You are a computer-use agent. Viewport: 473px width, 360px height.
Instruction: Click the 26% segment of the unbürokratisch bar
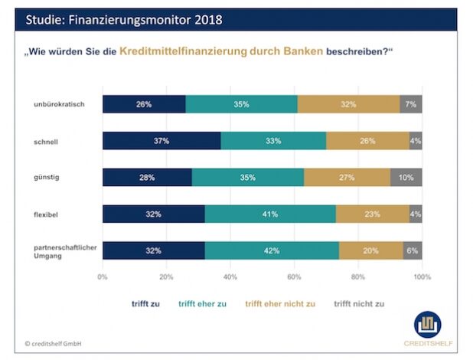pyautogui.click(x=144, y=104)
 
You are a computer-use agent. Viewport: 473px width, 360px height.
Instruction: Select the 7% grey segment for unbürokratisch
pyautogui.click(x=411, y=104)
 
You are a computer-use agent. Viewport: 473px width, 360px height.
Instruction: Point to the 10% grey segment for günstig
pyautogui.click(x=406, y=178)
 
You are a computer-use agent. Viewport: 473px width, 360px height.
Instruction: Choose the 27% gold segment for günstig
pyautogui.click(x=347, y=178)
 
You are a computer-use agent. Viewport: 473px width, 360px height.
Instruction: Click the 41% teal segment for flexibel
pyautogui.click(x=270, y=214)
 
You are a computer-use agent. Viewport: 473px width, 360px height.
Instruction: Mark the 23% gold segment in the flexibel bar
pyautogui.click(x=373, y=214)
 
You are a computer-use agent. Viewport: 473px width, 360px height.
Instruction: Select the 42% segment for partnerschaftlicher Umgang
pyautogui.click(x=272, y=250)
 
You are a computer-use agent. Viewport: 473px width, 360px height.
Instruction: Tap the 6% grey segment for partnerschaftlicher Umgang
pyautogui.click(x=413, y=250)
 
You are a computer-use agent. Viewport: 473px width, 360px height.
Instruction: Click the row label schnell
pyautogui.click(x=48, y=141)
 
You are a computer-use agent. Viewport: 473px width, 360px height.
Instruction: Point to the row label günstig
pyautogui.click(x=48, y=178)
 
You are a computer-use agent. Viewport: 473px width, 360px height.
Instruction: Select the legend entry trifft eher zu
pyautogui.click(x=202, y=304)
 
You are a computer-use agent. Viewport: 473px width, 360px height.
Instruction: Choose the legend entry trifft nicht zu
pyautogui.click(x=358, y=304)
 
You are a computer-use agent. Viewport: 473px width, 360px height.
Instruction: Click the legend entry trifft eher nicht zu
pyautogui.click(x=279, y=304)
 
